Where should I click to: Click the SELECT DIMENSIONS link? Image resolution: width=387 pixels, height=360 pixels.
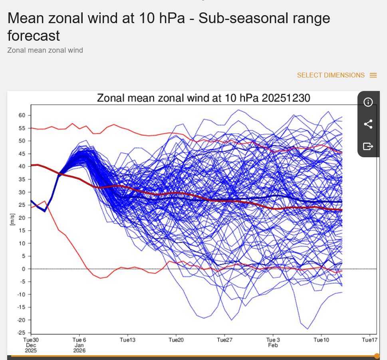[331, 75]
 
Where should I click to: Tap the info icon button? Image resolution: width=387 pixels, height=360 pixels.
[368, 102]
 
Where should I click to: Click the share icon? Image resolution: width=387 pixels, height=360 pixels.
[368, 124]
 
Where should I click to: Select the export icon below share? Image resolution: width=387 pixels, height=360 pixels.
[368, 146]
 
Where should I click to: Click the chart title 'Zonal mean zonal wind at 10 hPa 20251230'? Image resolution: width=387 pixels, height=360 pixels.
[204, 98]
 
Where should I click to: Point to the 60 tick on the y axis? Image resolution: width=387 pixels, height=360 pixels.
[22, 115]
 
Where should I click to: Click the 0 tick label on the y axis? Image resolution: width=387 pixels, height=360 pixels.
[24, 269]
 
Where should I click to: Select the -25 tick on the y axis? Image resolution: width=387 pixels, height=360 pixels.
[21, 333]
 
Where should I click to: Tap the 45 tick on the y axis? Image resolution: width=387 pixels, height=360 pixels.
[22, 154]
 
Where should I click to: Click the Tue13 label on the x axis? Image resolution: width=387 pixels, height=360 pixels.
[128, 340]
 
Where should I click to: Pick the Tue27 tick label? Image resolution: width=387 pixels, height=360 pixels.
[224, 340]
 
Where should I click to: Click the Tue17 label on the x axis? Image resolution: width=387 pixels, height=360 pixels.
[369, 340]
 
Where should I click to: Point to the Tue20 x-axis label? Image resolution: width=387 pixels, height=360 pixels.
[176, 340]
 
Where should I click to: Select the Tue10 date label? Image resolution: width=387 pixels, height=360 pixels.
[321, 340]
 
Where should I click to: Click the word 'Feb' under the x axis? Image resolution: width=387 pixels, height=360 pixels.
[273, 345]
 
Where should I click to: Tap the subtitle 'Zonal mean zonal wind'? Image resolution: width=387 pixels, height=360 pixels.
[45, 50]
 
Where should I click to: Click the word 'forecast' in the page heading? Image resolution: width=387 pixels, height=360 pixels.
[34, 36]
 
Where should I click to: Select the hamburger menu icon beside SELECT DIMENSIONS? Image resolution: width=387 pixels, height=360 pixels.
[373, 75]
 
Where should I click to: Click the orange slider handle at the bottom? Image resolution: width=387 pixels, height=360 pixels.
[377, 356]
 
